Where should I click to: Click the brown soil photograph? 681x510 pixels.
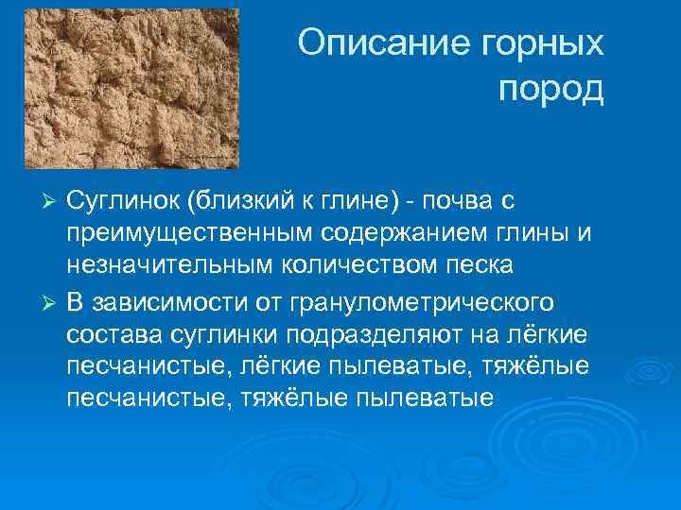pos(131,88)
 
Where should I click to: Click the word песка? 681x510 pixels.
pos(483,265)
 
